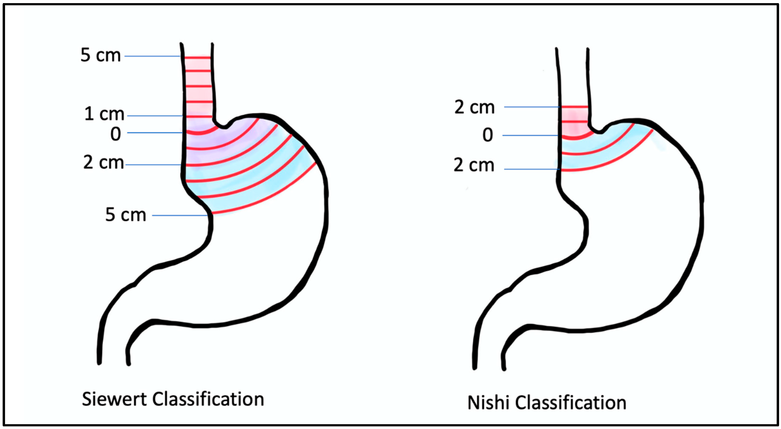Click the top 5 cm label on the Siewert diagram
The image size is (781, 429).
[100, 55]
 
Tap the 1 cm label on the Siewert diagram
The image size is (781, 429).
[104, 114]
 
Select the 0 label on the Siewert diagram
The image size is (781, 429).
[115, 134]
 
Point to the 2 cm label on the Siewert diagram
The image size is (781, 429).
[103, 163]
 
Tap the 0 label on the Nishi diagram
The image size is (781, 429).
[488, 135]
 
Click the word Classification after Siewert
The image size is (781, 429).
[208, 399]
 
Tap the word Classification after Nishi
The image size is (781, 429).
[571, 403]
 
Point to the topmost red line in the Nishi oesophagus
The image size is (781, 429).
[575, 107]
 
